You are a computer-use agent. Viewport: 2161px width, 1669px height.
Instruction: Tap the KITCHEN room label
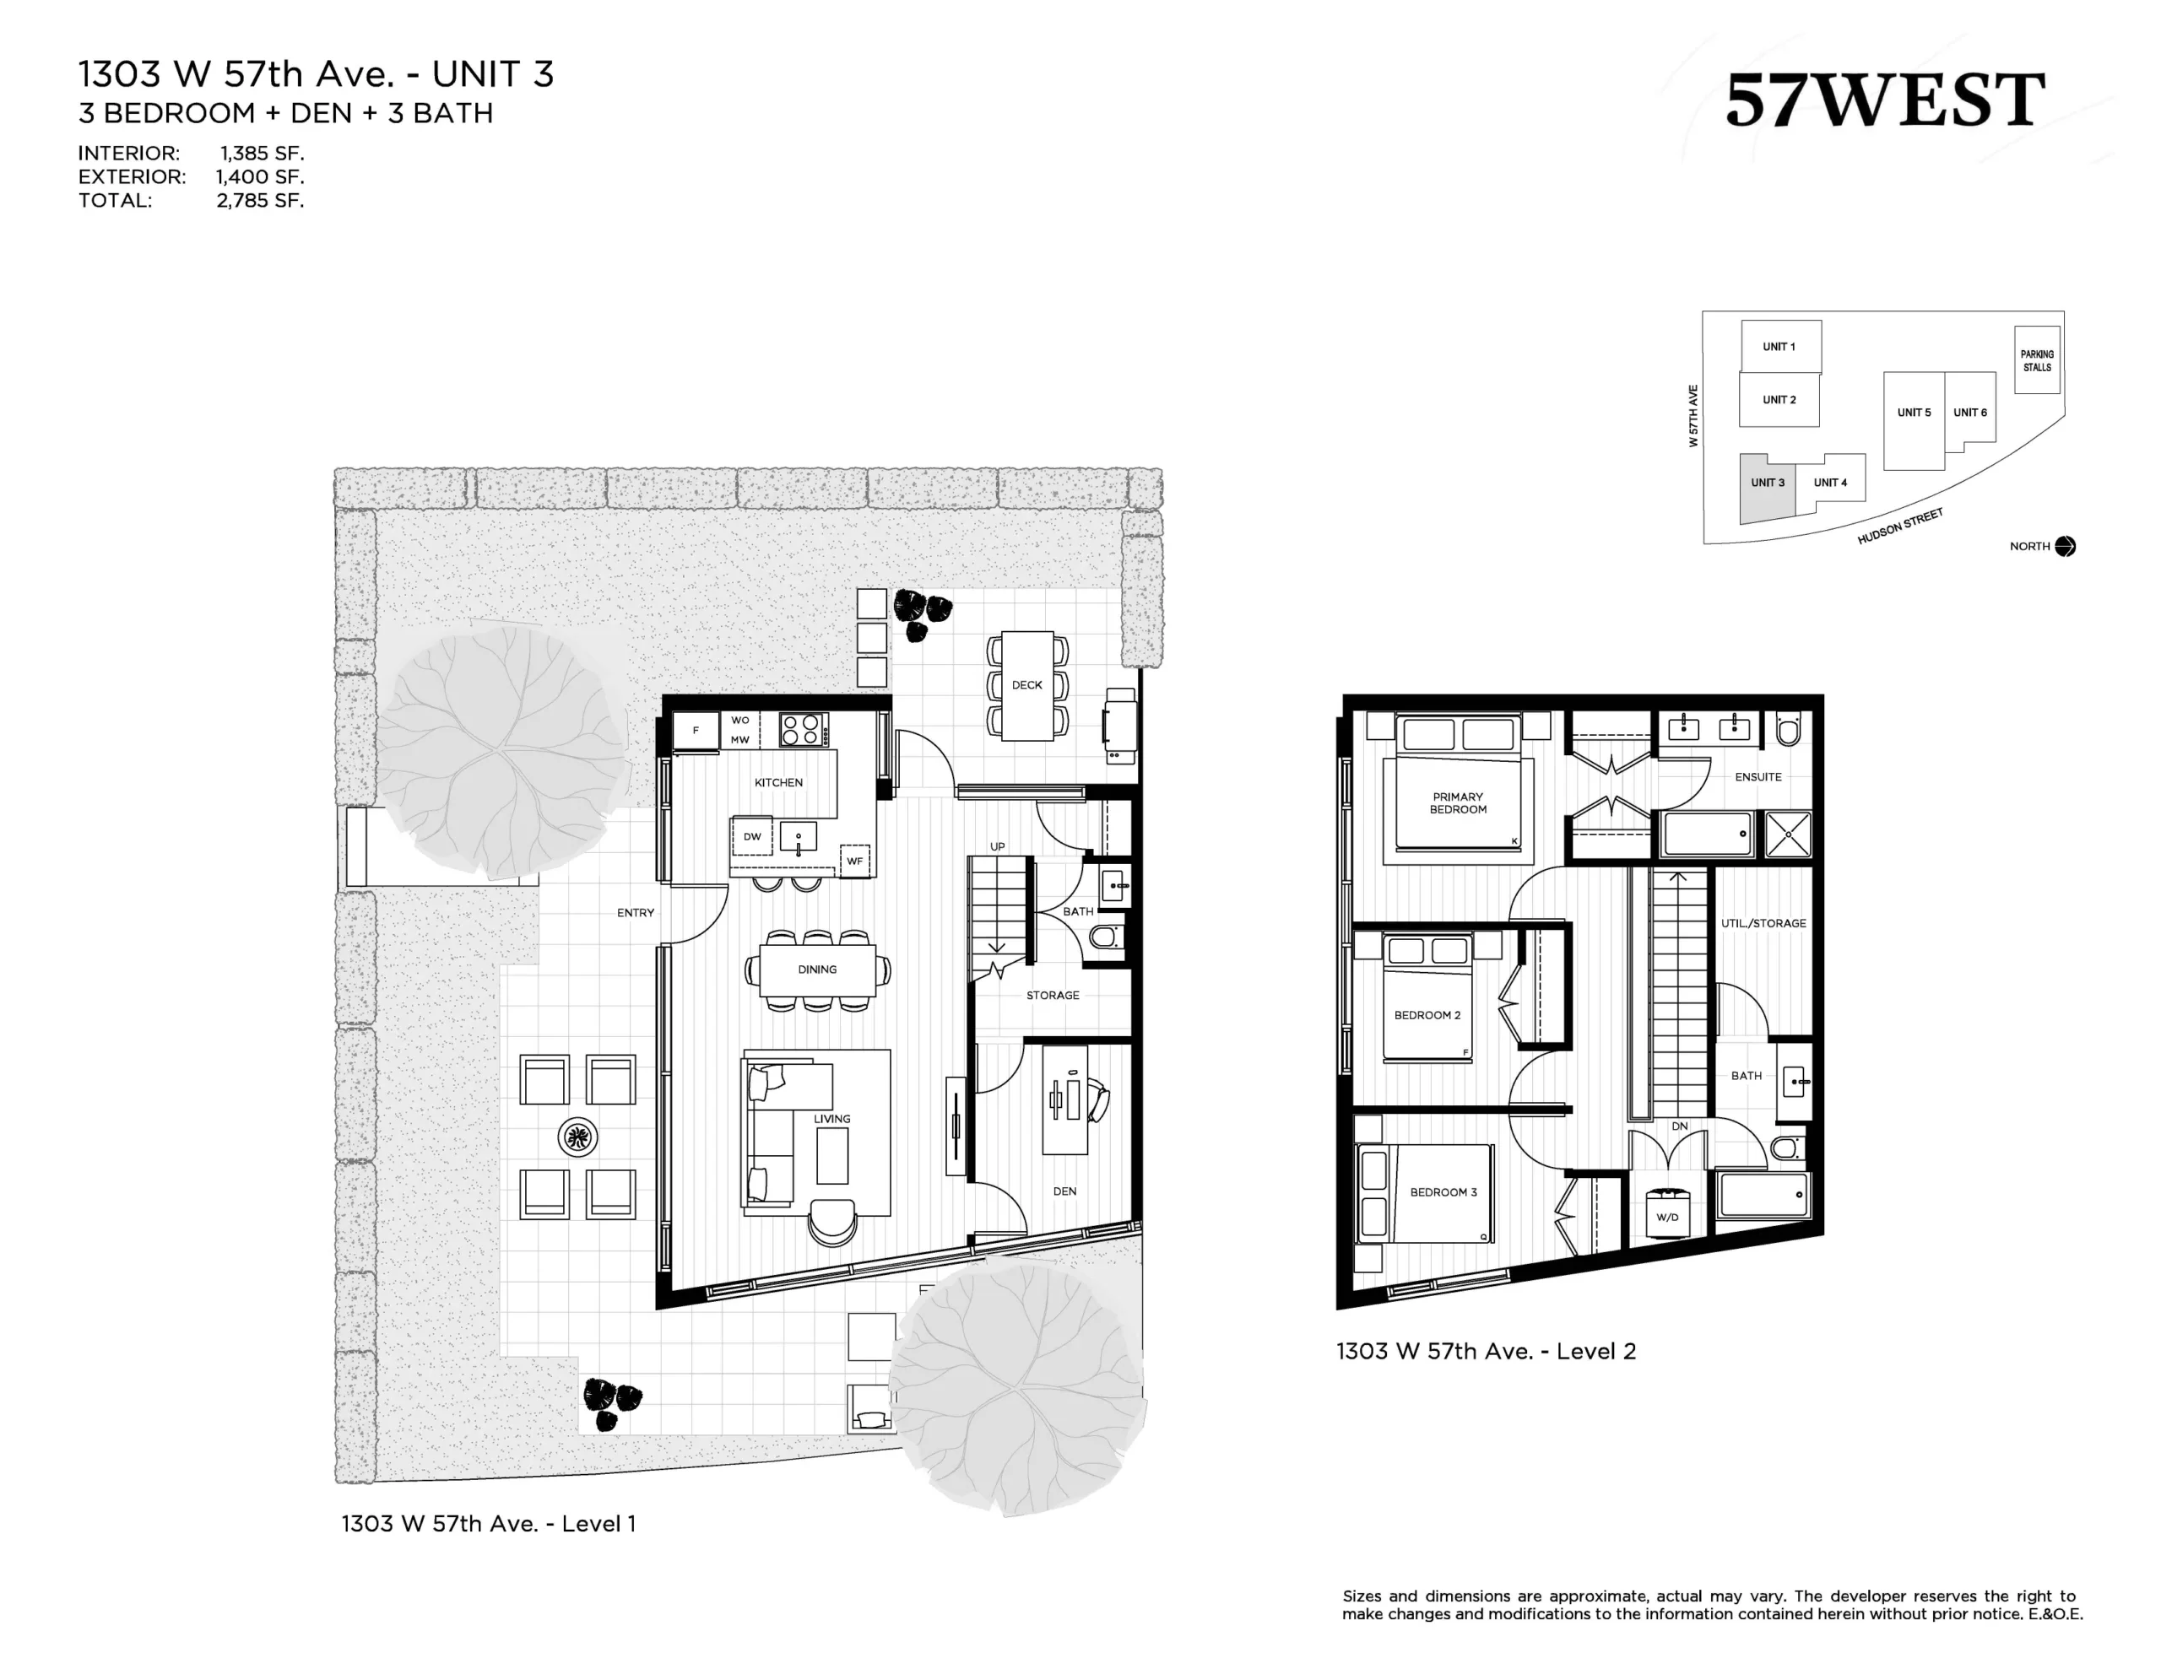click(x=778, y=782)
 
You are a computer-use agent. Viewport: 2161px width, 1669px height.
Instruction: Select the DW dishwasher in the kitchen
click(x=752, y=836)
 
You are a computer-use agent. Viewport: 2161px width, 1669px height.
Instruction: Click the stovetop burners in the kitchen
click(x=801, y=730)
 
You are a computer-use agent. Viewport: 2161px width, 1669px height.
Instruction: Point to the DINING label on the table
click(x=817, y=970)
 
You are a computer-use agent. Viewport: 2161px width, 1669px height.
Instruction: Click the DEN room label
click(x=1064, y=1191)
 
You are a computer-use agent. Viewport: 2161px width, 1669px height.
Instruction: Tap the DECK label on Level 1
click(x=1027, y=684)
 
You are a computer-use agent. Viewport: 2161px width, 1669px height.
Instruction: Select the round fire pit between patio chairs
click(x=578, y=1137)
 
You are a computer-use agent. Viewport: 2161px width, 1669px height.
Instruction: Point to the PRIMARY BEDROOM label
click(x=1458, y=803)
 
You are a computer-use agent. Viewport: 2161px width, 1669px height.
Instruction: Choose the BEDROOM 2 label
click(x=1427, y=1015)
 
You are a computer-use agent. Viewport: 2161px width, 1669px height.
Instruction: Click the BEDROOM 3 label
click(x=1443, y=1192)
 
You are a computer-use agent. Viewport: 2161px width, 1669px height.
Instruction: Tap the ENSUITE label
click(x=1758, y=776)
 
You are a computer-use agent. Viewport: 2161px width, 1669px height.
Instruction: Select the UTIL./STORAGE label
click(x=1763, y=923)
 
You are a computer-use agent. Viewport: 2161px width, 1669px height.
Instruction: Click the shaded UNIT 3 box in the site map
click(x=1767, y=488)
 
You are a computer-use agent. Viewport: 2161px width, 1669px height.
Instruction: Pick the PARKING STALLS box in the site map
click(x=2037, y=360)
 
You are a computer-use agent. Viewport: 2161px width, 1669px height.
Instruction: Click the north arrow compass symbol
click(x=2065, y=546)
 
